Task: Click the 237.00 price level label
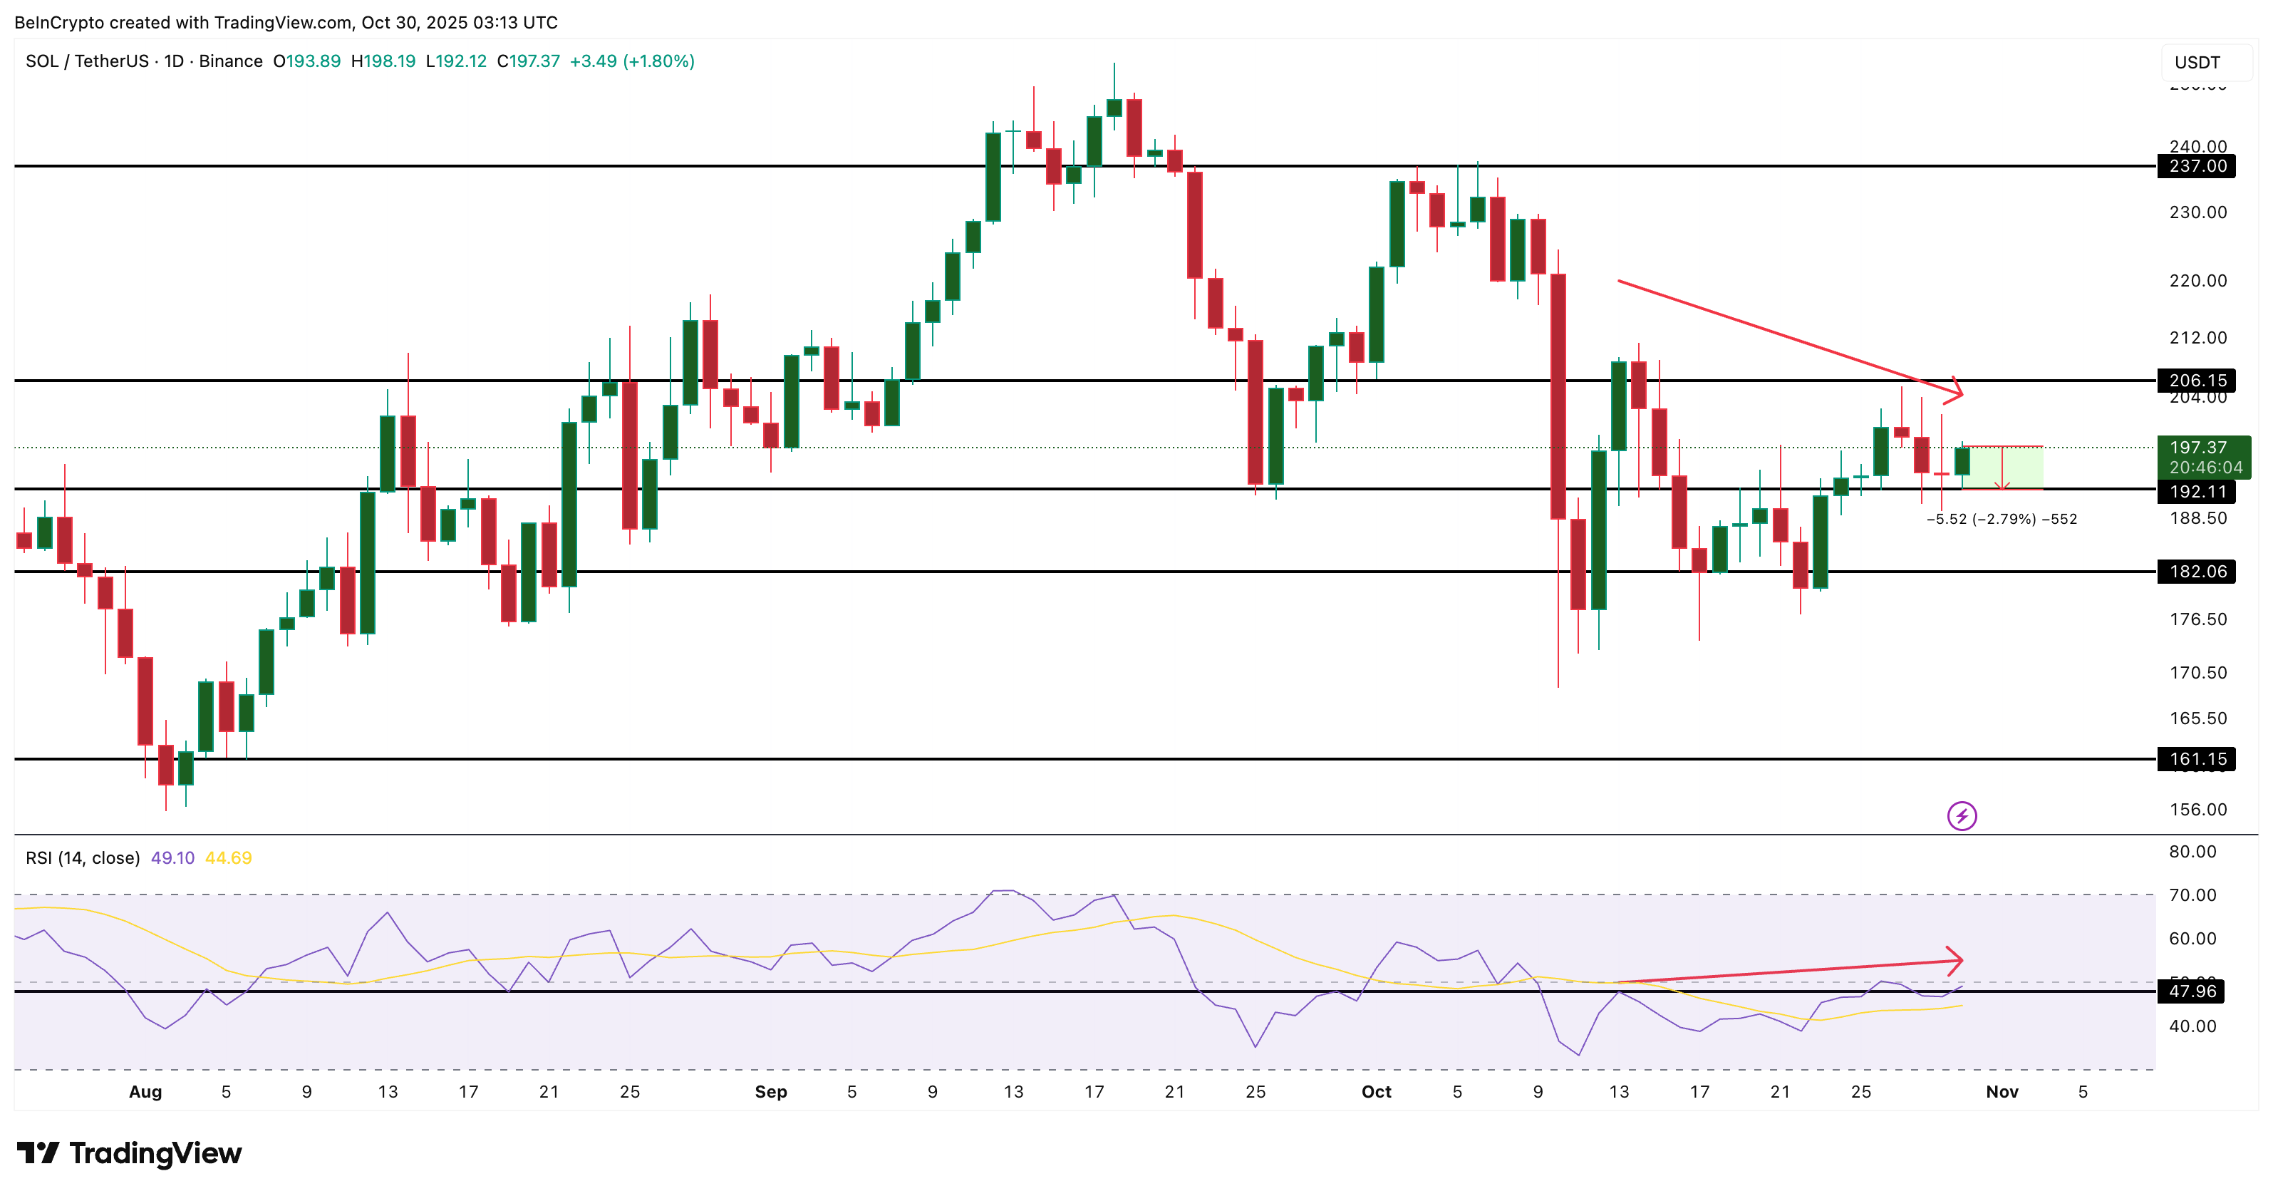pos(2196,166)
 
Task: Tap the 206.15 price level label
pos(2196,381)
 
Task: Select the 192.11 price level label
pos(2196,492)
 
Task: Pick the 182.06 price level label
pos(2196,571)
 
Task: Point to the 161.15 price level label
pos(2196,759)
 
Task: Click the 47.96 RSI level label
pos(2192,991)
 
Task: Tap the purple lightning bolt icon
pos(1962,815)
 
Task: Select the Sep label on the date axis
pos(770,1092)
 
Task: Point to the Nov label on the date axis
pos(2002,1092)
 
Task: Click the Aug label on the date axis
pos(145,1092)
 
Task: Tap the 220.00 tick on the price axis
pos(2197,281)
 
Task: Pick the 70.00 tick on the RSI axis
pos(2192,895)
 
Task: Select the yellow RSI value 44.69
pos(227,858)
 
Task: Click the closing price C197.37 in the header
pos(528,61)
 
